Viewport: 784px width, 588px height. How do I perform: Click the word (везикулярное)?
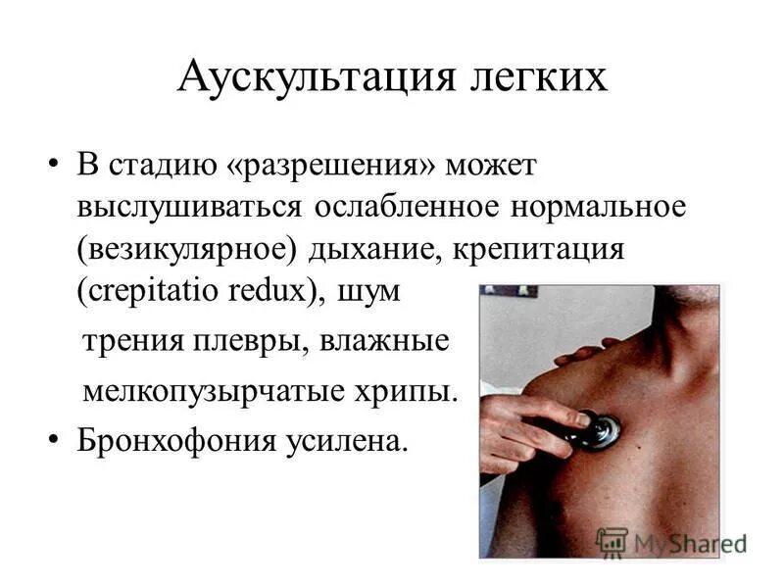(x=187, y=250)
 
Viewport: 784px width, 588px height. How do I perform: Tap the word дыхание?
(x=376, y=250)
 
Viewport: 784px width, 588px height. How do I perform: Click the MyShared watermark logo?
(x=671, y=541)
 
